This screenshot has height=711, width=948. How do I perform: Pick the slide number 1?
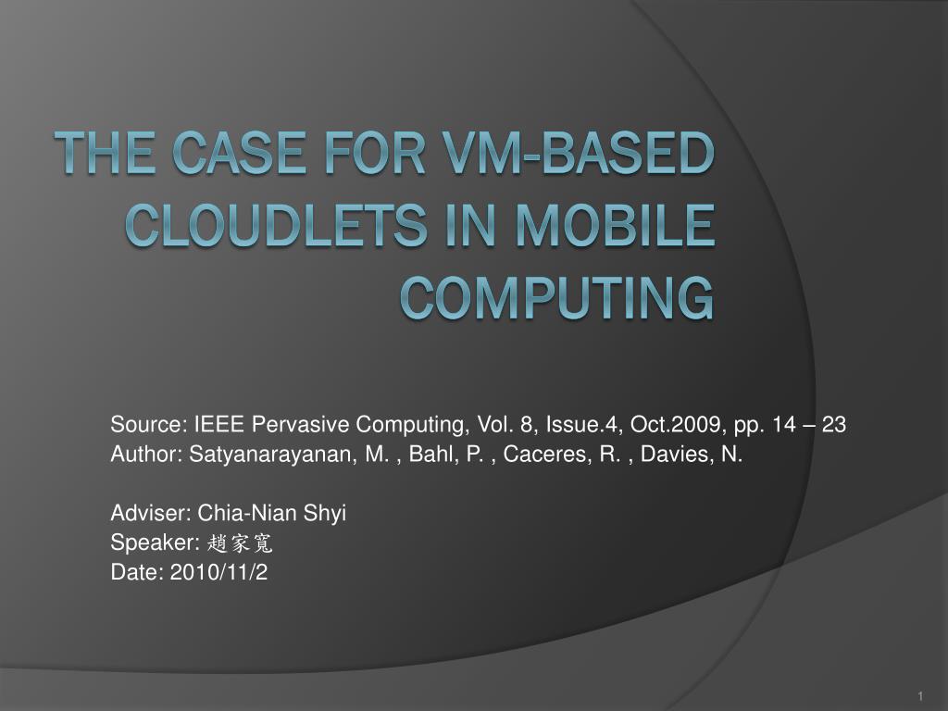coord(922,695)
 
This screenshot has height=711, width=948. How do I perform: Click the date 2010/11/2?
coord(218,572)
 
